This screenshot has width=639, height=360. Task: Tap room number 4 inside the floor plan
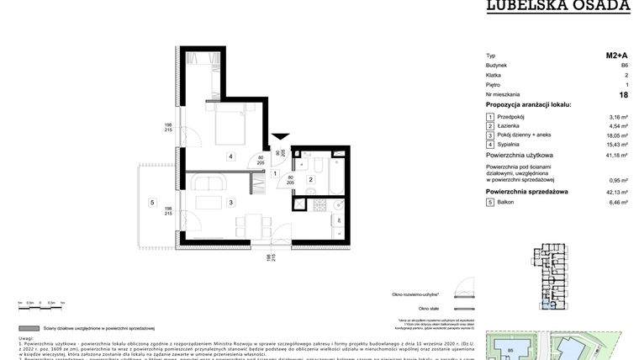pos(230,156)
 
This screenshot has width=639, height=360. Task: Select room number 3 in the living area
pos(230,202)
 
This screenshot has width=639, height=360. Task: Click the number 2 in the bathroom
pos(310,179)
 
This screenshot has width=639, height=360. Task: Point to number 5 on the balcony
pos(152,202)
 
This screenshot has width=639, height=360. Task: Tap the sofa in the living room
pos(206,182)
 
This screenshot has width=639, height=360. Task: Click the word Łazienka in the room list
pos(512,125)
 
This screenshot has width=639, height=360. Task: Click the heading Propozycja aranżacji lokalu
pos(528,104)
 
